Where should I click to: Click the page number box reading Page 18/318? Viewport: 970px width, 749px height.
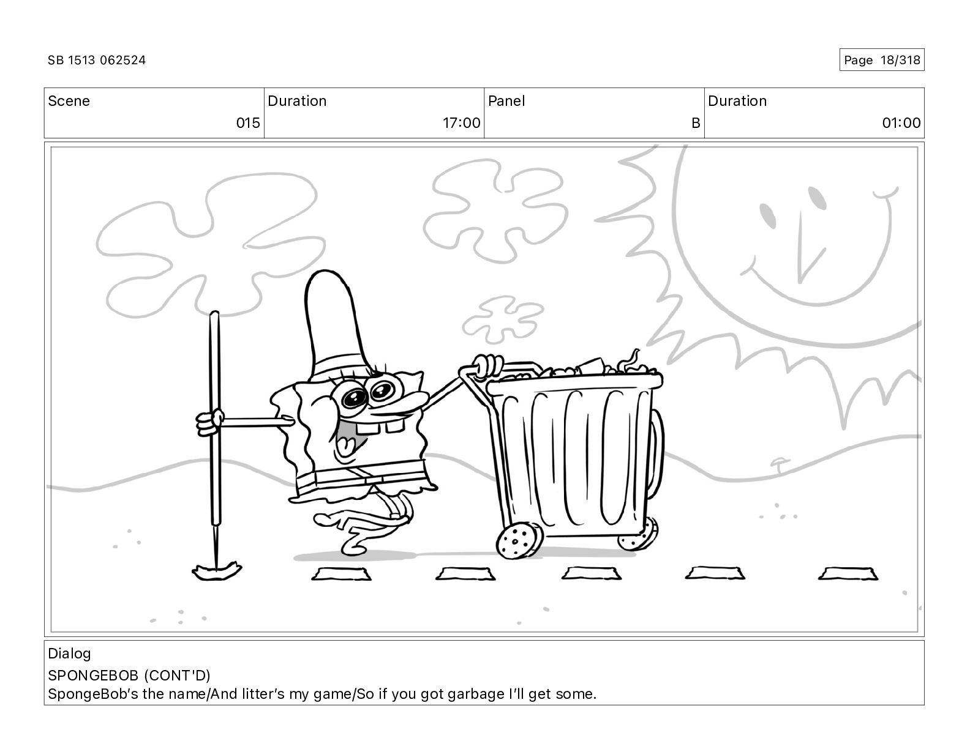point(882,60)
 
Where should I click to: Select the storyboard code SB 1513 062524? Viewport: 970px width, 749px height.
point(97,60)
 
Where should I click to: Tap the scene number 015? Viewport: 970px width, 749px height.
point(248,122)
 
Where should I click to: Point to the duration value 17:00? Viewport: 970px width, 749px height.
point(461,122)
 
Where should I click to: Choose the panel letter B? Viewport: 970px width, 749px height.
point(696,122)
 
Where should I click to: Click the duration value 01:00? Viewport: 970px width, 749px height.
point(901,122)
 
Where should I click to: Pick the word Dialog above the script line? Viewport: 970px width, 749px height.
point(69,654)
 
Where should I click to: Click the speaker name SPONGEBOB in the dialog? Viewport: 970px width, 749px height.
point(93,676)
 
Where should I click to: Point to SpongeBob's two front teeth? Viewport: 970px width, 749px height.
point(380,426)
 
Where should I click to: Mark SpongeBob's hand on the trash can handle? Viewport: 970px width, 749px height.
point(488,366)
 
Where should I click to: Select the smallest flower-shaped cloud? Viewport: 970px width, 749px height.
point(503,319)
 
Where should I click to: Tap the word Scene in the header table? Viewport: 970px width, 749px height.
point(69,101)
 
